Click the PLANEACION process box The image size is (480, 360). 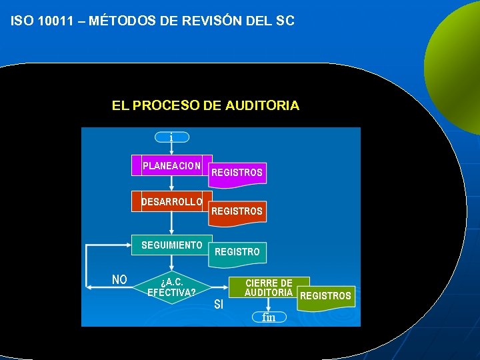click(x=172, y=166)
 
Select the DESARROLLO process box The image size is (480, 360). click(x=172, y=201)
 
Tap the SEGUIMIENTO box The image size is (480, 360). click(x=172, y=245)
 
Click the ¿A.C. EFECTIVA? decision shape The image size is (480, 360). click(x=172, y=287)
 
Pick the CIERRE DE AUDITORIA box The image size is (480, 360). click(x=269, y=287)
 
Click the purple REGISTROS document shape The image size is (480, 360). click(x=237, y=173)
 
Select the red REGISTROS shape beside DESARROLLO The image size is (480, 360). click(x=237, y=211)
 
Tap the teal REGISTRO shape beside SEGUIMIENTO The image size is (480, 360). click(x=237, y=252)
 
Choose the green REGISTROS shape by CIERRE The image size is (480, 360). click(x=327, y=296)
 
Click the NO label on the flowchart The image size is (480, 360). click(x=119, y=279)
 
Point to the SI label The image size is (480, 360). click(x=219, y=305)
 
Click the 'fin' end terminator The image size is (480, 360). click(x=269, y=317)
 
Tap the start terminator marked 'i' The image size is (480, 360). click(x=171, y=137)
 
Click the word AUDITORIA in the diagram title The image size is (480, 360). click(x=263, y=105)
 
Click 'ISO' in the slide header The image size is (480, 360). click(x=23, y=21)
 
